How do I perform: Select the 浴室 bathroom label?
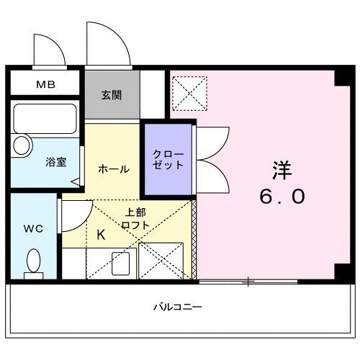click(x=56, y=162)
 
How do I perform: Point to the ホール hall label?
click(x=113, y=169)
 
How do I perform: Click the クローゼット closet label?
click(x=168, y=159)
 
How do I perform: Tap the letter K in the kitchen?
click(x=100, y=234)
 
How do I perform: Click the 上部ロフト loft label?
click(x=137, y=219)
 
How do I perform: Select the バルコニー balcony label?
click(x=177, y=307)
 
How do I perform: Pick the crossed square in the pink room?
click(x=189, y=93)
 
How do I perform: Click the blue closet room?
click(x=168, y=160)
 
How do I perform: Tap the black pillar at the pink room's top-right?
click(x=339, y=80)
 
